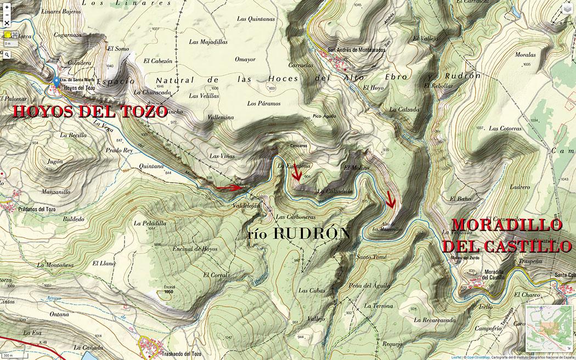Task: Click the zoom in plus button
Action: click(x=7, y=7)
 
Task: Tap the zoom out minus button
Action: click(x=7, y=15)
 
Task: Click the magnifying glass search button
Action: click(x=7, y=55)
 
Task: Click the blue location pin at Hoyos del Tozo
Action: click(x=57, y=82)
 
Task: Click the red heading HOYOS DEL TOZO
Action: click(x=89, y=112)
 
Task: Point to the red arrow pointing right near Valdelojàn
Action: click(x=229, y=188)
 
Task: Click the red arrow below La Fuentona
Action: click(x=297, y=174)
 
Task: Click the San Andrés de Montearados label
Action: click(x=356, y=49)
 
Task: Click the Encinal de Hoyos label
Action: click(x=195, y=249)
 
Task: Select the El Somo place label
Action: click(x=118, y=49)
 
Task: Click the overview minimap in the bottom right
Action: click(x=549, y=328)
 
